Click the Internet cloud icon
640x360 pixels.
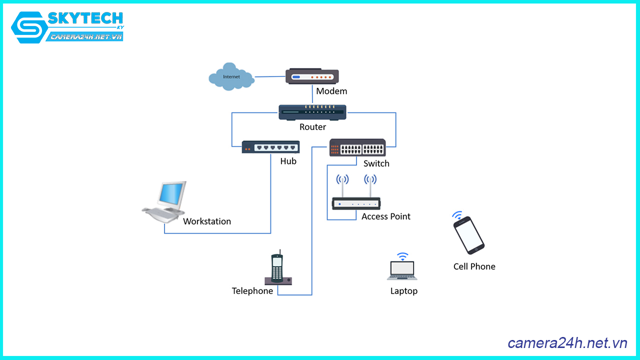(230, 76)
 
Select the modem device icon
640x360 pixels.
(312, 76)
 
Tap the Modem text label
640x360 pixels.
(331, 91)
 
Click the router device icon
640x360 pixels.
(312, 112)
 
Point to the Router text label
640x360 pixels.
(312, 127)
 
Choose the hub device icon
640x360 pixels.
(270, 147)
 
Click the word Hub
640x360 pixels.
(288, 161)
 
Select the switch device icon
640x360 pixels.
(357, 148)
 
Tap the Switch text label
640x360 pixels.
(376, 163)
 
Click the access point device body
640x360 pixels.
(356, 203)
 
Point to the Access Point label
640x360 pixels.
(385, 216)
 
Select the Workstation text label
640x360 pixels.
(207, 221)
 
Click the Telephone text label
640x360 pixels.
(252, 291)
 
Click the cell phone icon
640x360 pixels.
(468, 235)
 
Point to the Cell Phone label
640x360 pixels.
(474, 266)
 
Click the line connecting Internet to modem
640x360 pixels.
(270, 76)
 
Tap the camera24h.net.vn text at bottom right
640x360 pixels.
(567, 343)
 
